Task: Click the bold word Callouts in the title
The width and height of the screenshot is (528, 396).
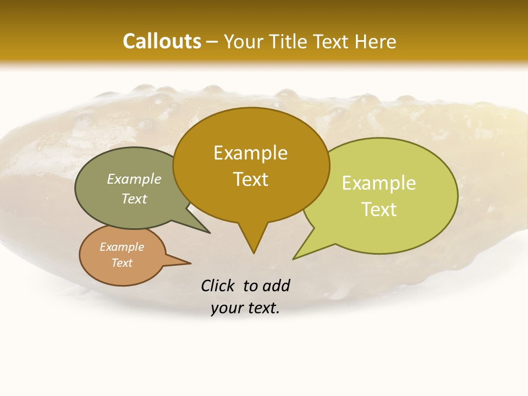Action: pos(162,41)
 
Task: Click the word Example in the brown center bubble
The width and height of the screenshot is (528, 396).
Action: pos(250,153)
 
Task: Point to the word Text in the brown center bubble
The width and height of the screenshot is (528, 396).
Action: pos(250,179)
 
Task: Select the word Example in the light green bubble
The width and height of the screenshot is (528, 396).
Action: pos(379,183)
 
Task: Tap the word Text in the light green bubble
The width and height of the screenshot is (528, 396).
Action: pos(379,210)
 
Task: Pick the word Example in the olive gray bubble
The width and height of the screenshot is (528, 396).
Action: pos(134,179)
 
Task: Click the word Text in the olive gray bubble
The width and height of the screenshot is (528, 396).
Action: pos(134,199)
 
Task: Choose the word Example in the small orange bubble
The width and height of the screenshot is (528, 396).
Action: pos(122,247)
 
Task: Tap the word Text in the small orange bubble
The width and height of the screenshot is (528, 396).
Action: pos(122,263)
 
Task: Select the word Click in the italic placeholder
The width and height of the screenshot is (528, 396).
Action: pos(218,285)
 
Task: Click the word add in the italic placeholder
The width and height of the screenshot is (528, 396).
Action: pos(276,285)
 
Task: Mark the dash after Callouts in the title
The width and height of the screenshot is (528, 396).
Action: pos(213,41)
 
